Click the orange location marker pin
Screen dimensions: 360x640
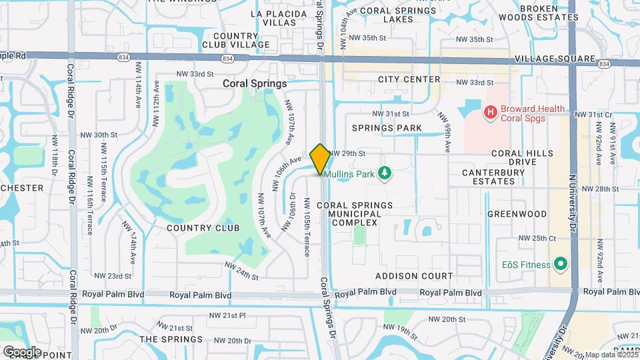[320, 159]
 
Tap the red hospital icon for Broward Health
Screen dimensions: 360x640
[491, 112]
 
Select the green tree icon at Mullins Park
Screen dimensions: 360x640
[384, 174]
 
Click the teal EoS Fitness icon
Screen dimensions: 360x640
[561, 265]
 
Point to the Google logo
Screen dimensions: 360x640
[22, 351]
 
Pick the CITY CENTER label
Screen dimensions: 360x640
[409, 79]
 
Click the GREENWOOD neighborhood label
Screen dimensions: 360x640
[517, 214]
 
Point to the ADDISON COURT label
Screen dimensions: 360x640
[414, 276]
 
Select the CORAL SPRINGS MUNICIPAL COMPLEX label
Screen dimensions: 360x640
[355, 213]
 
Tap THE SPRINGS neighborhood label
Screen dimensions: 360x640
[167, 339]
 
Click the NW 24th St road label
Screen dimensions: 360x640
[241, 270]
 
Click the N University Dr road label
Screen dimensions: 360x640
[571, 200]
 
